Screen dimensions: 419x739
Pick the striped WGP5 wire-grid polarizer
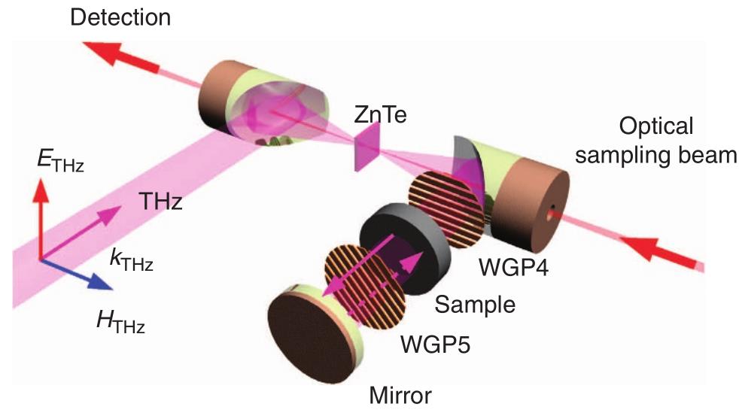[361, 282]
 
